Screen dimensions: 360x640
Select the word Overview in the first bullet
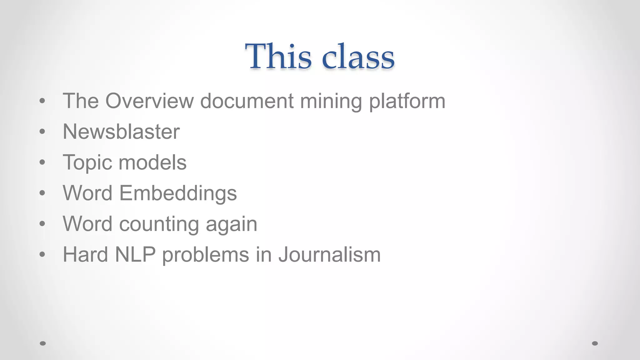click(x=149, y=101)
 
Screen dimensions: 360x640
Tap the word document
click(x=247, y=101)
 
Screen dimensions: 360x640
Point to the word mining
click(x=331, y=102)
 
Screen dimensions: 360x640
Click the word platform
click(x=407, y=101)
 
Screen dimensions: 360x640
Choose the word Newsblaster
click(x=121, y=132)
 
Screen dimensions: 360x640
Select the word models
click(x=152, y=162)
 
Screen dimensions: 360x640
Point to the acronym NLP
click(x=135, y=254)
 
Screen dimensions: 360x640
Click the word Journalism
click(x=329, y=254)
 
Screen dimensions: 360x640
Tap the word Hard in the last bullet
click(x=85, y=254)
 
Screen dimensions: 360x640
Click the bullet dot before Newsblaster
click(x=42, y=132)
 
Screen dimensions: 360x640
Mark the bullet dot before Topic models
click(x=42, y=162)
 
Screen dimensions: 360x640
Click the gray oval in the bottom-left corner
click(x=43, y=343)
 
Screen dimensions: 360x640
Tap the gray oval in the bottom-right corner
click(x=595, y=343)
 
